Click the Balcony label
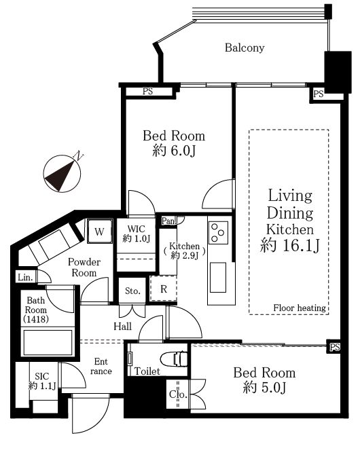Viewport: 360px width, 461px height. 245,48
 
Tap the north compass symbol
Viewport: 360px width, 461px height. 62,173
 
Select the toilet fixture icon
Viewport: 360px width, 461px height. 174,359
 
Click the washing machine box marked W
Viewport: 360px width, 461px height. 100,231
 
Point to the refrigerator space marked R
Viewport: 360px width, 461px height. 164,289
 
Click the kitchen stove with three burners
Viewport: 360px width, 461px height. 218,233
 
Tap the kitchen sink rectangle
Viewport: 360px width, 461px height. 218,277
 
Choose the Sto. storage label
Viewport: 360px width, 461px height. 132,291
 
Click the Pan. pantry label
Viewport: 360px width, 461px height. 168,221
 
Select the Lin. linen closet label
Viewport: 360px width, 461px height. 25,277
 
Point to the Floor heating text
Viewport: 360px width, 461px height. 300,308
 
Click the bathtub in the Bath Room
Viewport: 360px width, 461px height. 48,342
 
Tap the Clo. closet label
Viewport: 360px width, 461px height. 178,394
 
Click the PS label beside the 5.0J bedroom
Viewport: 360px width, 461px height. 335,347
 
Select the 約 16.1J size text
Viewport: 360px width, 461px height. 289,245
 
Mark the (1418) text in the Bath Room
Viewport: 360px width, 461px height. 36,319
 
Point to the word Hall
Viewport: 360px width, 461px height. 123,326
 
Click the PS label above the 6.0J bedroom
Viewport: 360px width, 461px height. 147,91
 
